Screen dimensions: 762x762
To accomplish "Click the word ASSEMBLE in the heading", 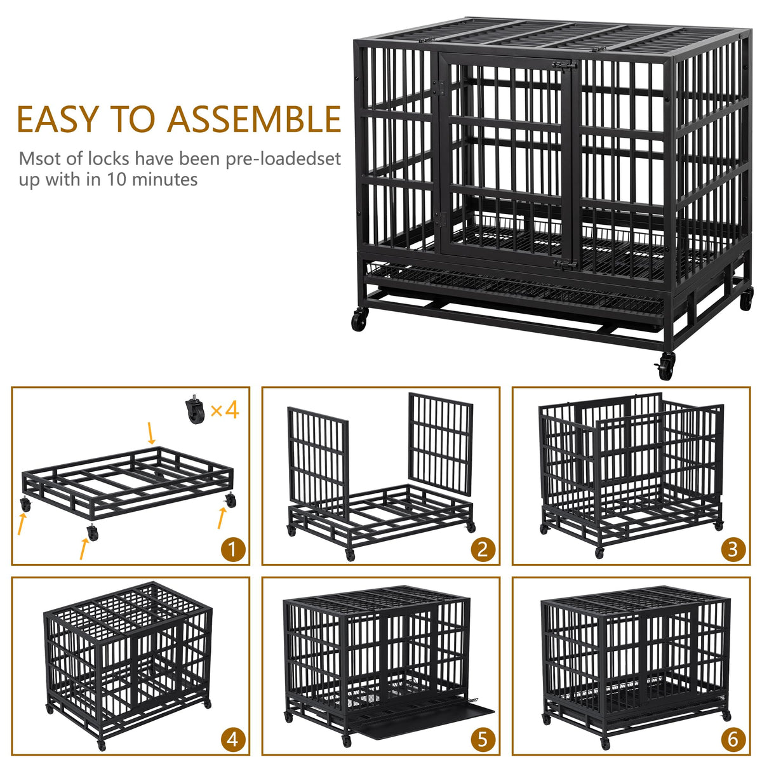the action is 254,119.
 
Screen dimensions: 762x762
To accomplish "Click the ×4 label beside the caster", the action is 224,410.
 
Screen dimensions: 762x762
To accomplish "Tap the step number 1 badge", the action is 232,550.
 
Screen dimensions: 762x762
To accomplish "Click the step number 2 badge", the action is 483,550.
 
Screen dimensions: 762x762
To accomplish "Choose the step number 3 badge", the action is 733,550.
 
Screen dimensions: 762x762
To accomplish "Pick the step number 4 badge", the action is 232,740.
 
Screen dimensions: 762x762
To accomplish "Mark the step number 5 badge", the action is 483,740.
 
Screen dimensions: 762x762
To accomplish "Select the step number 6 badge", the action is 733,740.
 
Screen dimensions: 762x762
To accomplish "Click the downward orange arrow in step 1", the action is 150,433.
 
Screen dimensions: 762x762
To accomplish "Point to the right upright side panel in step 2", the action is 441,443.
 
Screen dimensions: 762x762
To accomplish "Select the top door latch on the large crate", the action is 564,65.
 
